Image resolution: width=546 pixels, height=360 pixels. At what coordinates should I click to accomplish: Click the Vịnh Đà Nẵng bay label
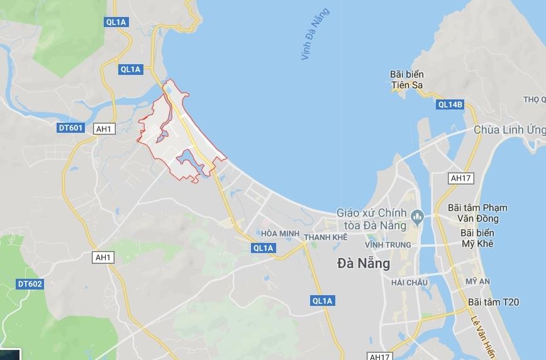pyautogui.click(x=315, y=35)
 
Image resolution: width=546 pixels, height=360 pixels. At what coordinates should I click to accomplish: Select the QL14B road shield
pyautogui.click(x=450, y=105)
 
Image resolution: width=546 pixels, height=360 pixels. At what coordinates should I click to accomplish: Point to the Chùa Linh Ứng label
pyautogui.click(x=510, y=130)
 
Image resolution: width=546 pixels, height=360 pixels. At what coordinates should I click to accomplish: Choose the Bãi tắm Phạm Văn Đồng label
pyautogui.click(x=477, y=213)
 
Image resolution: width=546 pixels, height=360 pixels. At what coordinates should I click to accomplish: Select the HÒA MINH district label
pyautogui.click(x=278, y=233)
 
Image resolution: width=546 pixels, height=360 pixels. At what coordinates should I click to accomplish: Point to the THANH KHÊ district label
pyautogui.click(x=326, y=237)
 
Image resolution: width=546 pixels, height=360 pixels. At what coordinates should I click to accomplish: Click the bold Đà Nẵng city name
pyautogui.click(x=364, y=263)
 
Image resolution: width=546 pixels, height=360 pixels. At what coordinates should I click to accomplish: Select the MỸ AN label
pyautogui.click(x=477, y=281)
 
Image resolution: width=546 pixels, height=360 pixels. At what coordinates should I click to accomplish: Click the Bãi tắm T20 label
pyautogui.click(x=494, y=303)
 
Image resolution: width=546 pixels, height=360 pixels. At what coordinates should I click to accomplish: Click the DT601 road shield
pyautogui.click(x=70, y=127)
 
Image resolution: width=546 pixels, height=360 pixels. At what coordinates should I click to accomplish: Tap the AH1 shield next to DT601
pyautogui.click(x=103, y=128)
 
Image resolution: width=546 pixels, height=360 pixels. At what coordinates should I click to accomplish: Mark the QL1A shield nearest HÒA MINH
pyautogui.click(x=263, y=248)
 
